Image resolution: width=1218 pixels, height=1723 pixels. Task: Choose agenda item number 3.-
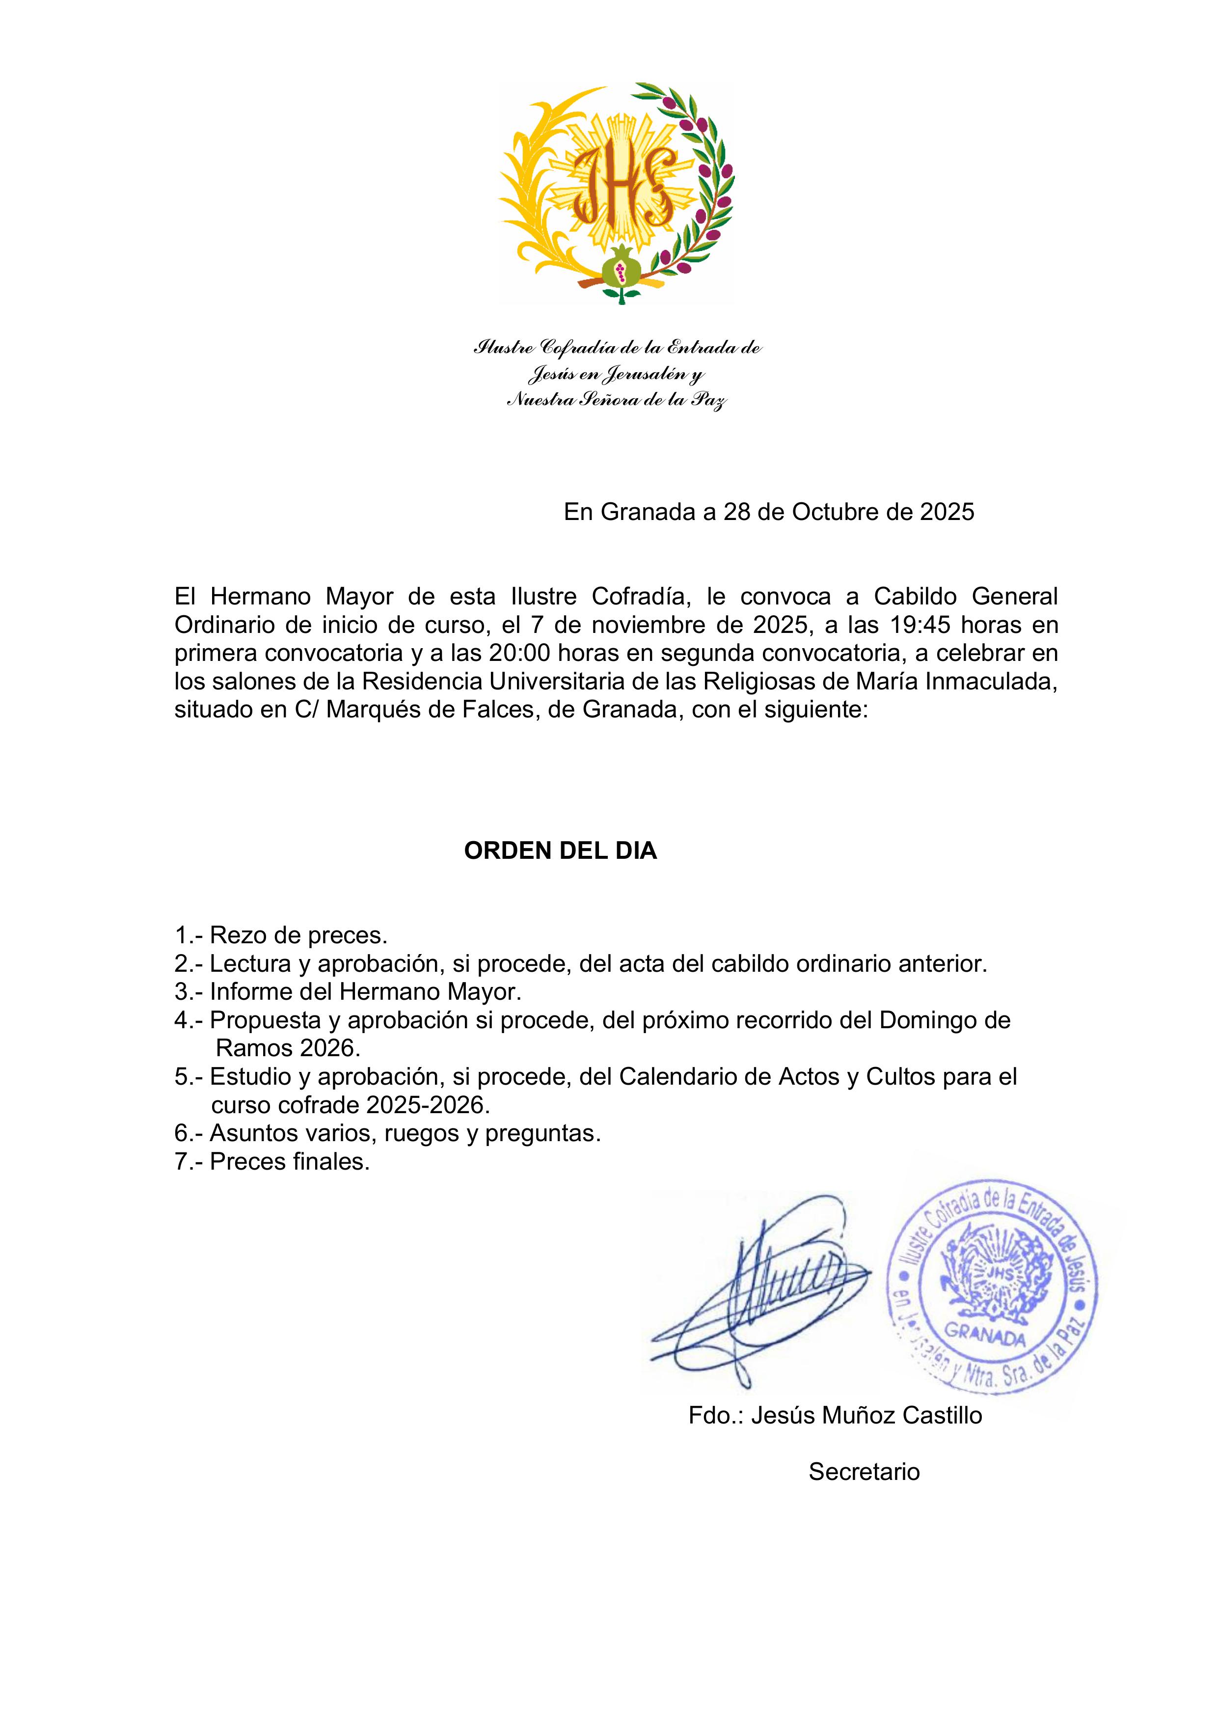[x=189, y=992]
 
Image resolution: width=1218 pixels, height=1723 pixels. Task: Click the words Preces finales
[x=290, y=1162]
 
